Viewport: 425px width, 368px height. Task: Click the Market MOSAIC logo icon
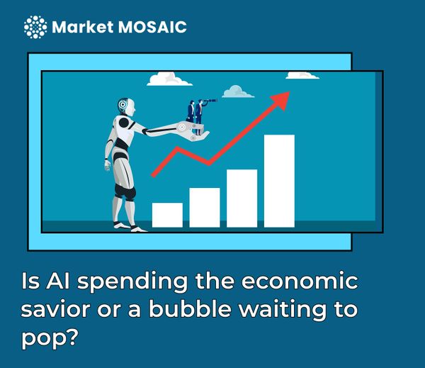tap(35, 28)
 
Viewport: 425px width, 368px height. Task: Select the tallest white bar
tap(279, 181)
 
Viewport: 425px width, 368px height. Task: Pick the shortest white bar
tap(167, 214)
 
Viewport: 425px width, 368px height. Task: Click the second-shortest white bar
tap(205, 207)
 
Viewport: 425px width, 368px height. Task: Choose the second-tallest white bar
tap(242, 198)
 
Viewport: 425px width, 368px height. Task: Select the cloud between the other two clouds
tap(238, 91)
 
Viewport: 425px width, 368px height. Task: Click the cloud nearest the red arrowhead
tap(303, 74)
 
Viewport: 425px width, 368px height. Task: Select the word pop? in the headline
tap(48, 340)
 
